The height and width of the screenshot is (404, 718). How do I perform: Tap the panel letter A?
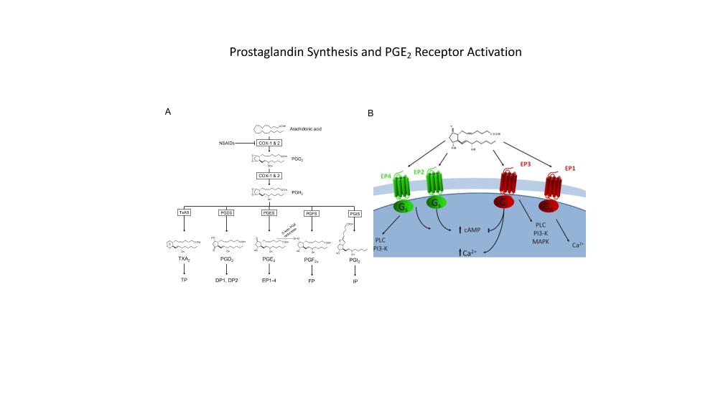point(168,112)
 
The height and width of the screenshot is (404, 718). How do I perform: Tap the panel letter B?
point(370,113)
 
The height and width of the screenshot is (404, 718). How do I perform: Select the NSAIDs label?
point(228,144)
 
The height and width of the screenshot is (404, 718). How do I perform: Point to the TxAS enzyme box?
point(184,212)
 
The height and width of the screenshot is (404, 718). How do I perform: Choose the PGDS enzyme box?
point(226,212)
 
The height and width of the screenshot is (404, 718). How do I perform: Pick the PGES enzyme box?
point(269,212)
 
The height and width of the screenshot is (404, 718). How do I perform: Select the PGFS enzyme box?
point(311,213)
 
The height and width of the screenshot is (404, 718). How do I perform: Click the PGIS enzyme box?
point(354,213)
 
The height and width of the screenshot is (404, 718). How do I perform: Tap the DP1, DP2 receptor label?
point(226,281)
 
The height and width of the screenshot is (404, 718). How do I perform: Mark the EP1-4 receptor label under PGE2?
point(269,281)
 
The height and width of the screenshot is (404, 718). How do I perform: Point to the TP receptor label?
point(184,281)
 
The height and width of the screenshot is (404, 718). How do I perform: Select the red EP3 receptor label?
point(526,165)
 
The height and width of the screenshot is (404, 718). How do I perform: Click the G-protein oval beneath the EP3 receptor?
point(505,203)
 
